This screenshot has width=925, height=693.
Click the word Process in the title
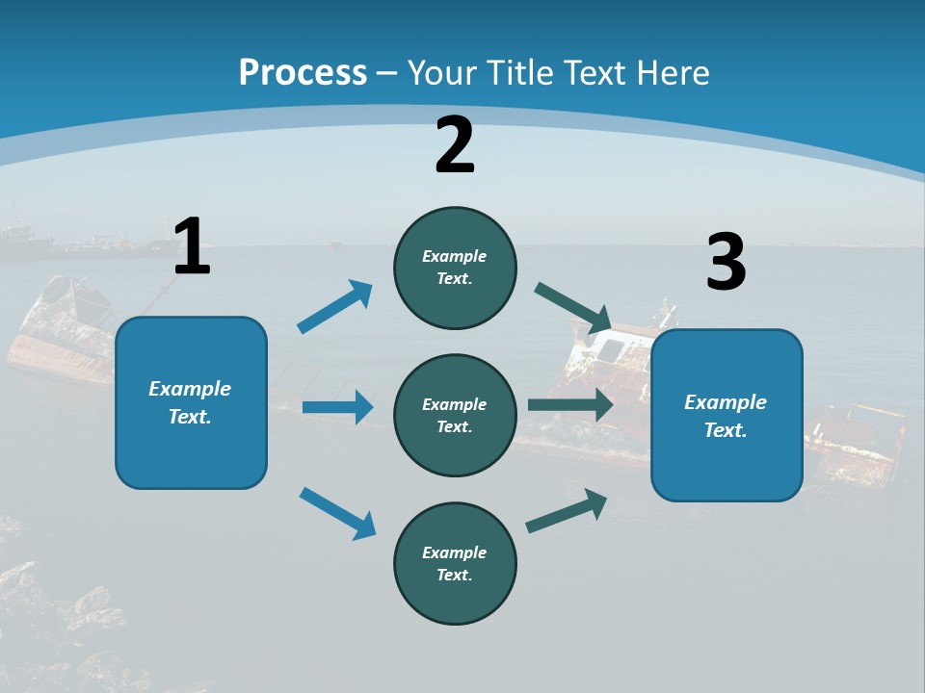(303, 72)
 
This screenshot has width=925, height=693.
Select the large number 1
(192, 246)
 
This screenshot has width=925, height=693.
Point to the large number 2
(455, 145)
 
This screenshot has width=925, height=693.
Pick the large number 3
(726, 263)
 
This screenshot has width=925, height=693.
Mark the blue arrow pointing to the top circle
(335, 307)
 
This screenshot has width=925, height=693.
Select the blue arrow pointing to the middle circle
(337, 407)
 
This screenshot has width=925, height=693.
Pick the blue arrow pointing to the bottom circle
(338, 513)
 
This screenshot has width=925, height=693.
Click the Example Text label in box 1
(191, 402)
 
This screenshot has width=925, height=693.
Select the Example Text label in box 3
(726, 416)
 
